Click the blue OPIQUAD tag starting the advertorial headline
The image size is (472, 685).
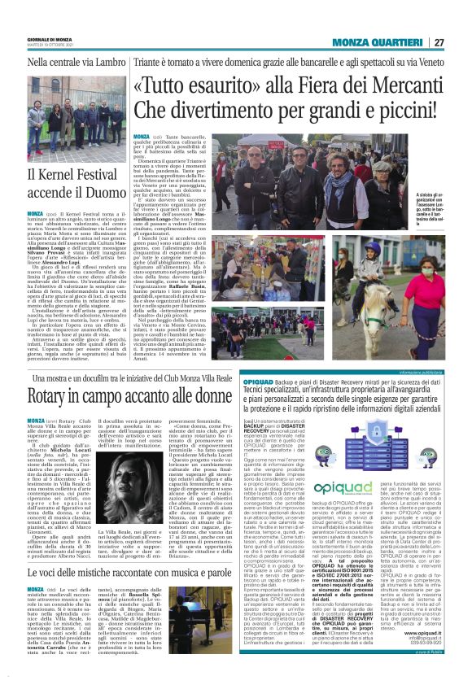pos(269,380)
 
